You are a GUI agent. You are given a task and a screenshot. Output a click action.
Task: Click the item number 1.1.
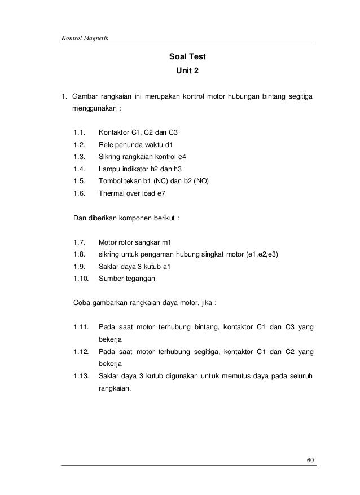click(79, 133)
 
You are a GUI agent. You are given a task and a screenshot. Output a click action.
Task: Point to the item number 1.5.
click(79, 181)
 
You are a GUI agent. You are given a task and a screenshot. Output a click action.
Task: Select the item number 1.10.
click(81, 278)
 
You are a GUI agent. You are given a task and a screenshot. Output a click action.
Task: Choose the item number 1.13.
click(81, 375)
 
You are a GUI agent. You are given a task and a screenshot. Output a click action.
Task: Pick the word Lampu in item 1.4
click(109, 169)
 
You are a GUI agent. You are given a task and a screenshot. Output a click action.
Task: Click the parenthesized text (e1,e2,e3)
click(266, 254)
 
